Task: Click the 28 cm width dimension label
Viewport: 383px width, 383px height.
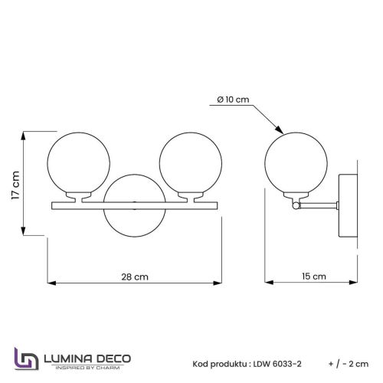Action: coord(136,277)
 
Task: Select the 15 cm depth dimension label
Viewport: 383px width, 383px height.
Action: coord(313,277)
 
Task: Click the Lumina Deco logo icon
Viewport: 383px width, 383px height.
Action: coord(25,361)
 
